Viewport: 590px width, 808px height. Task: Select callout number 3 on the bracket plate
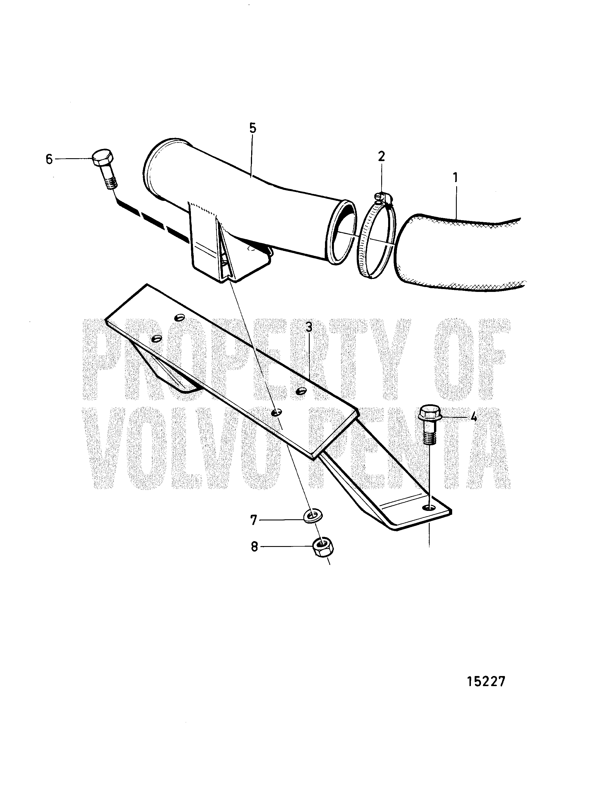[x=309, y=327]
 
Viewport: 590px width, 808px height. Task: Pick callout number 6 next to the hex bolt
[x=49, y=159]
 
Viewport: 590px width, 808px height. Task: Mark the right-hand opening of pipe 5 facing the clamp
[x=342, y=232]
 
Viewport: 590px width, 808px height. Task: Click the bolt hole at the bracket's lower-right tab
[x=429, y=507]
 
